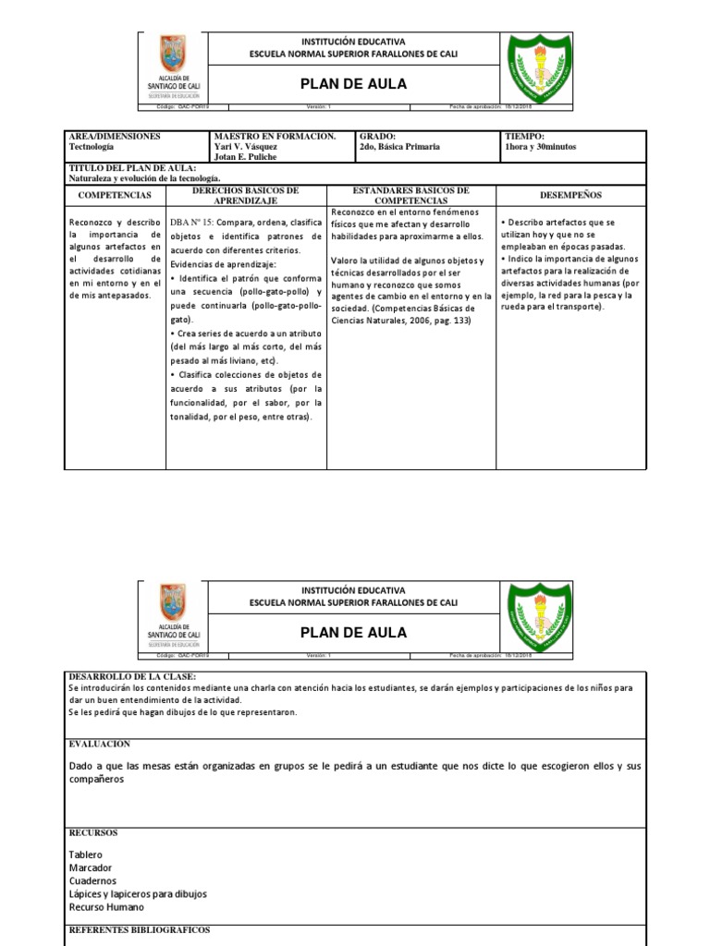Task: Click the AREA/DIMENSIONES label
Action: coord(115,136)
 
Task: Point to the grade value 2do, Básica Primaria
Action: coord(398,146)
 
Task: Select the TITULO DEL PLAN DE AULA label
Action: coord(133,167)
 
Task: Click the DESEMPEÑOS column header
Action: coord(570,195)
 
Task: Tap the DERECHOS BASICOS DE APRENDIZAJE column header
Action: coord(245,195)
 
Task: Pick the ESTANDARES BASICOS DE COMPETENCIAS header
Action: coord(411,195)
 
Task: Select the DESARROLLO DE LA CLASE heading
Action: coord(132,676)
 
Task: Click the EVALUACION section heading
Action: coord(100,744)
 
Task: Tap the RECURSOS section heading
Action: coord(93,832)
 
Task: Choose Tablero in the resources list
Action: coord(86,855)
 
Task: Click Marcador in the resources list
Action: coord(91,867)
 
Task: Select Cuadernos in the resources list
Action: coord(92,880)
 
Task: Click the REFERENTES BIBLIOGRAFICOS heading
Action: coord(140,929)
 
